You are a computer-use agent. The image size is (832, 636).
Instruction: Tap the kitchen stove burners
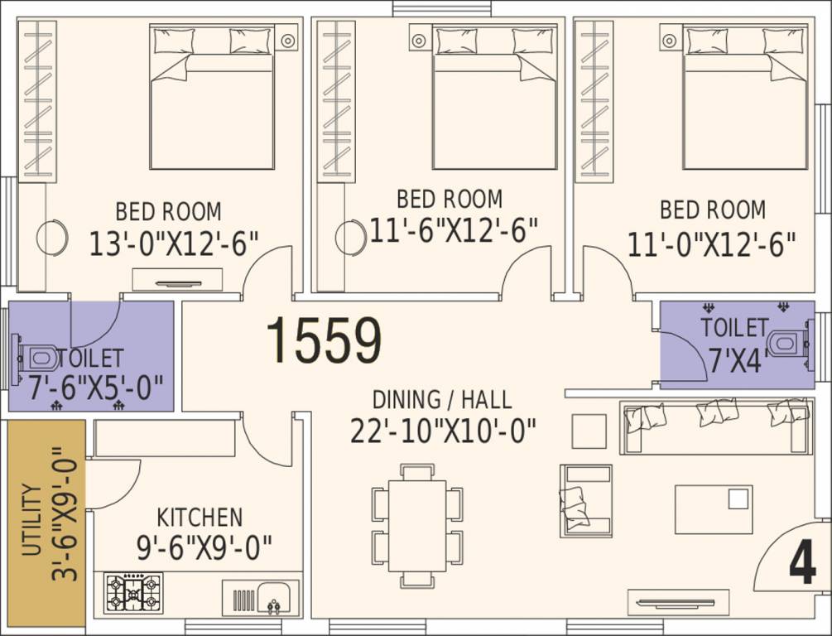[x=134, y=591]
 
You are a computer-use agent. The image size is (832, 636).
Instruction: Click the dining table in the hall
[x=417, y=526]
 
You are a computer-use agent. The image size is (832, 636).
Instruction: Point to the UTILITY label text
[x=32, y=520]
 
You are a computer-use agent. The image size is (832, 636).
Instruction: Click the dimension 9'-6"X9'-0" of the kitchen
[x=204, y=548]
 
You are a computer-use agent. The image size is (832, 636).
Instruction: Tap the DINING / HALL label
[x=442, y=400]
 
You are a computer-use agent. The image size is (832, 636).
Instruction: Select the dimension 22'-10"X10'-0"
[x=443, y=431]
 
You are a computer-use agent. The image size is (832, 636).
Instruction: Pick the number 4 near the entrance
[x=802, y=561]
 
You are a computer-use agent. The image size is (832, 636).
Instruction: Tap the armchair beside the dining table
[x=586, y=501]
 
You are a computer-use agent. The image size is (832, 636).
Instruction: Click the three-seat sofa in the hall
[x=717, y=427]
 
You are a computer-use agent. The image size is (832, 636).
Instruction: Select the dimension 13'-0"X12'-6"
[x=174, y=243]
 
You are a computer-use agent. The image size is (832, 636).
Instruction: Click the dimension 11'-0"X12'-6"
[x=712, y=243]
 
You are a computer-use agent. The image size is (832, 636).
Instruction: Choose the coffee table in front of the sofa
[x=714, y=509]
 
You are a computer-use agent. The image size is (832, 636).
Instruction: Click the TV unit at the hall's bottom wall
[x=678, y=602]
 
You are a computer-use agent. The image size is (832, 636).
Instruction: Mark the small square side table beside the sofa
[x=589, y=431]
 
